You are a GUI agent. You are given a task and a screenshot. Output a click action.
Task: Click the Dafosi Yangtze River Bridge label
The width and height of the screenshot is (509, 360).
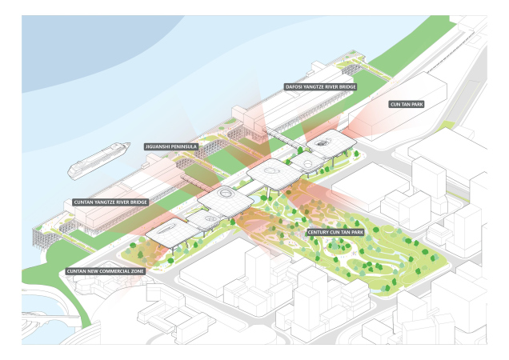321,87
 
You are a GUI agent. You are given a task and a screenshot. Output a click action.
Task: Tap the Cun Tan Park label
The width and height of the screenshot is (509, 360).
407,104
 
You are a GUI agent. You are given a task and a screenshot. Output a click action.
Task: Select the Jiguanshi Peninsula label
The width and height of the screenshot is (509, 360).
171,146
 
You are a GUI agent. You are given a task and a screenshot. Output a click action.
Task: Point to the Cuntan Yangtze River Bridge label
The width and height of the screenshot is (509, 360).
110,202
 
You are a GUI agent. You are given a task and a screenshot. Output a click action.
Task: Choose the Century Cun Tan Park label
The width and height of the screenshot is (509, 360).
335,233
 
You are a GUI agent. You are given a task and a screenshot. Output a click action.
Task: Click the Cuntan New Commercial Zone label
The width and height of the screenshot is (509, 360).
105,271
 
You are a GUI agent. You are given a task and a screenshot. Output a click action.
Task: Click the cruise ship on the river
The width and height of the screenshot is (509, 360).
98,160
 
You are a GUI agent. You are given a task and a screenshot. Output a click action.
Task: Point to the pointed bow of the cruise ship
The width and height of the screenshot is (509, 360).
130,143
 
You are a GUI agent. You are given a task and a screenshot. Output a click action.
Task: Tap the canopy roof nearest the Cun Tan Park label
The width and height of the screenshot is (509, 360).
331,142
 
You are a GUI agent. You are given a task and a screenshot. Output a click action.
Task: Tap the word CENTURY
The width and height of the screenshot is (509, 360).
317,233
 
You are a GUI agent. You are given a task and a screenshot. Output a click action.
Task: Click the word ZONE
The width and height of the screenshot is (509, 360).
138,271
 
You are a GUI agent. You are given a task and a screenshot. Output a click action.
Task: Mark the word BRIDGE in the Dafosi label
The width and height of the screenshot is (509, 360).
347,87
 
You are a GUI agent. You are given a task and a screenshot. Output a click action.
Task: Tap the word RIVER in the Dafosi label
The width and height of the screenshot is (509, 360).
331,87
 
